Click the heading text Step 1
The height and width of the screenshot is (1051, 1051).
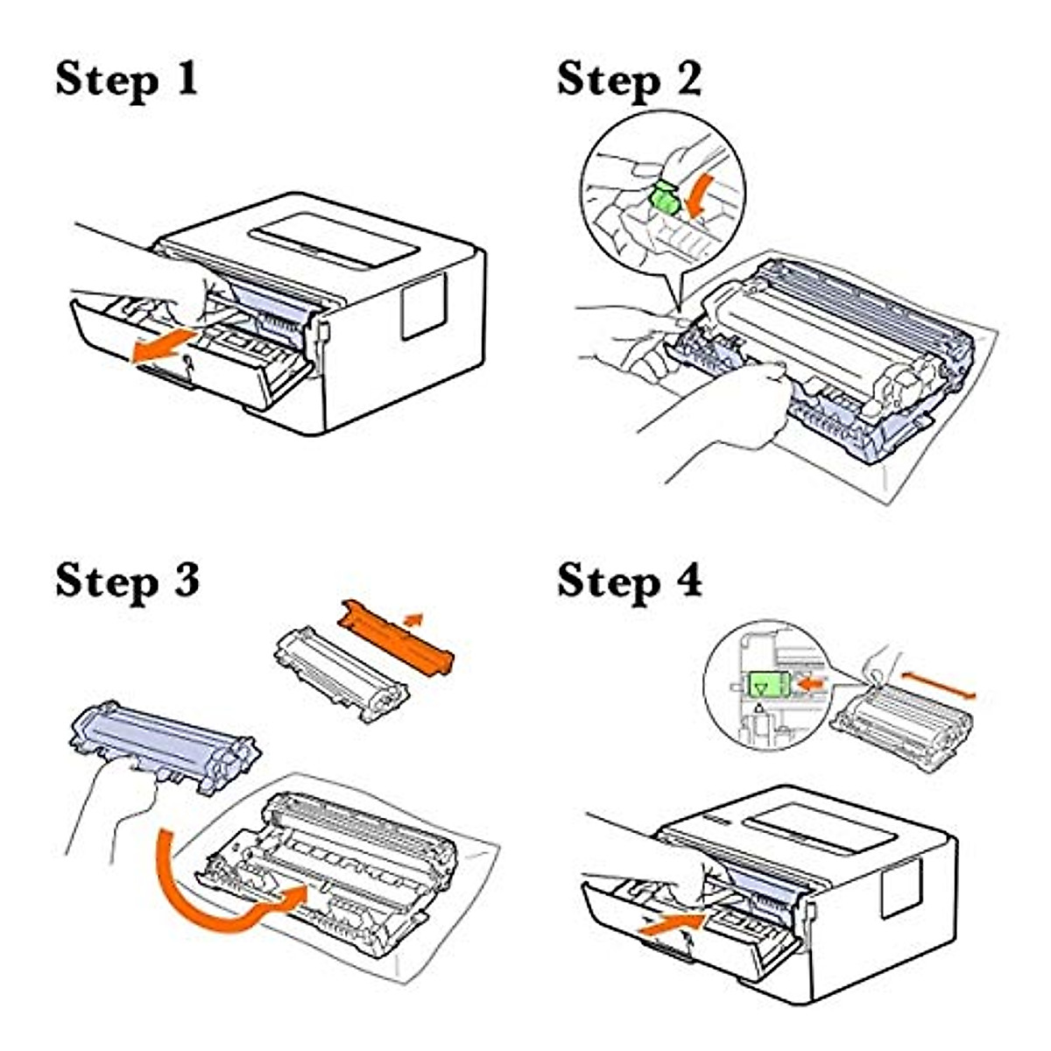128,80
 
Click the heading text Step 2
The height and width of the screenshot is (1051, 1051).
629,80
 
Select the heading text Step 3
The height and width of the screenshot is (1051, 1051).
128,581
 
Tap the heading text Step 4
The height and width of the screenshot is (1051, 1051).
629,581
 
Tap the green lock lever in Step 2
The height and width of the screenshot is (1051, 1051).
664,199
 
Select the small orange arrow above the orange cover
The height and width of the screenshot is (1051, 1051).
412,619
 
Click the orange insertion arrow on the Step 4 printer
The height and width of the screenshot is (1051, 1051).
672,923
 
